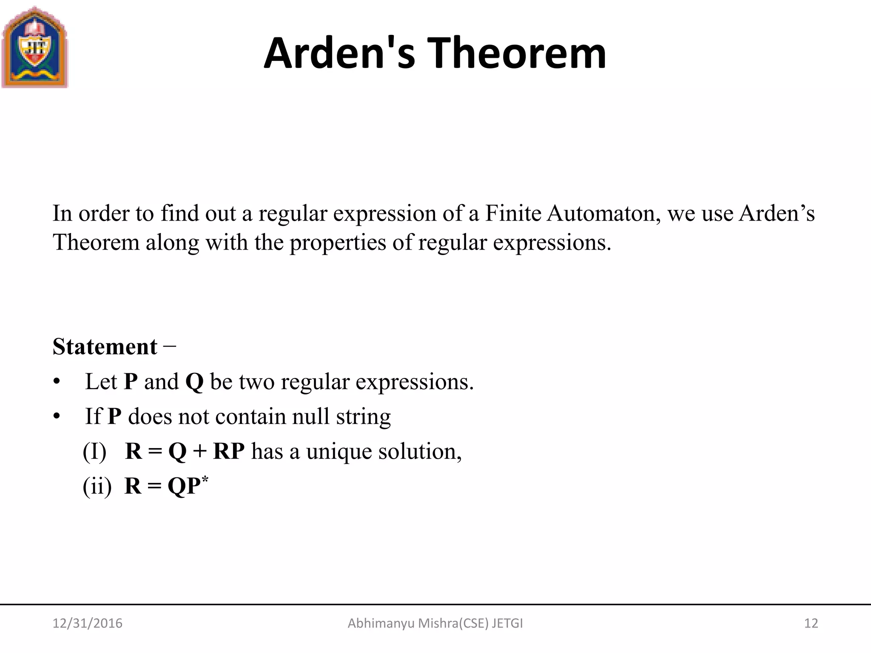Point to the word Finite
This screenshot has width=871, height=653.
tap(513, 213)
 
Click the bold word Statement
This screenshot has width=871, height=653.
tap(105, 347)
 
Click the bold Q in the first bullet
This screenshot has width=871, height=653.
tap(194, 382)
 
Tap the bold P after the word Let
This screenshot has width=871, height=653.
tap(131, 382)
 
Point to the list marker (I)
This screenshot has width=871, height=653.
tap(94, 451)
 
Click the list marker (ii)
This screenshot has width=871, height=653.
tap(97, 486)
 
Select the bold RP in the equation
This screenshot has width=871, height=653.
tap(229, 451)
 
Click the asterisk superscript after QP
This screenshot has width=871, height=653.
tap(205, 480)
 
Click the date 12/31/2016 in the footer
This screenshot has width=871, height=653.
tap(87, 623)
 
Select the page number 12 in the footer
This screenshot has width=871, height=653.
tap(811, 623)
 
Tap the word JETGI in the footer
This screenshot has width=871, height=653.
tap(507, 623)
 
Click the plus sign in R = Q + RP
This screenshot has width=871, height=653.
tap(199, 451)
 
